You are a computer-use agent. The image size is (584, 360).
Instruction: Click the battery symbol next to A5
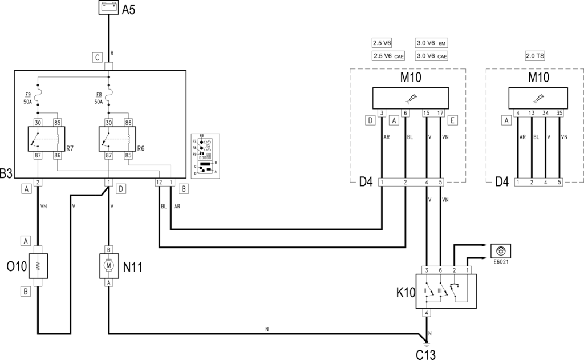[x=108, y=9]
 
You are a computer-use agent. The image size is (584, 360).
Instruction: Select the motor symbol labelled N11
[x=108, y=265]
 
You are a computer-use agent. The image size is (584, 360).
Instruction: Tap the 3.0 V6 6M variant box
[x=432, y=43]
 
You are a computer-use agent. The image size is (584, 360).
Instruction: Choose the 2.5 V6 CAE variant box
[x=390, y=56]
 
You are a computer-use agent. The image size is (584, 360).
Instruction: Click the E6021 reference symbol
[x=500, y=251]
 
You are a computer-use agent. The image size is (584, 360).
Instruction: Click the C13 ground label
[x=425, y=354]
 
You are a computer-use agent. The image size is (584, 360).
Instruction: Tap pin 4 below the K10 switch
[x=427, y=313]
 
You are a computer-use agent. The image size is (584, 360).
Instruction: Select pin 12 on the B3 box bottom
[x=159, y=182]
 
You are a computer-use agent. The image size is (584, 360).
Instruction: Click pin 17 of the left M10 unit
[x=440, y=113]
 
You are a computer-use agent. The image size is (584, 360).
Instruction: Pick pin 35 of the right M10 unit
[x=559, y=113]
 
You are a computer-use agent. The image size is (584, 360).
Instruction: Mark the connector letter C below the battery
[x=98, y=57]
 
